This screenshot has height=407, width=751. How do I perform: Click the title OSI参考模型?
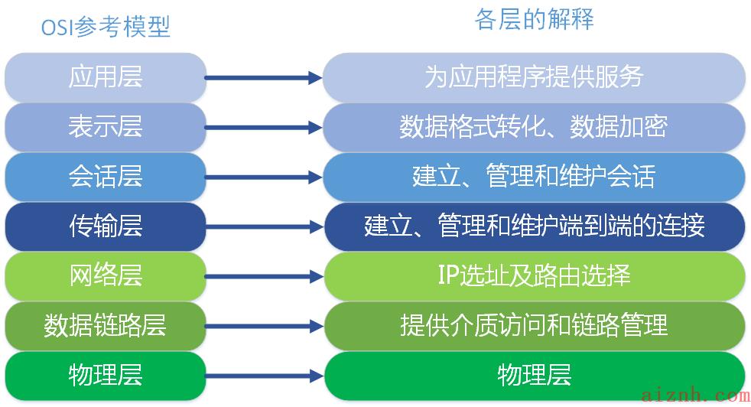pyautogui.click(x=106, y=27)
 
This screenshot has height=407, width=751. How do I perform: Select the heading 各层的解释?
pyautogui.click(x=534, y=20)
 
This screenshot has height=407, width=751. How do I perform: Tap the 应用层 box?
pyautogui.click(x=106, y=77)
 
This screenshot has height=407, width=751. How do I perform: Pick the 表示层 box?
pyautogui.click(x=106, y=127)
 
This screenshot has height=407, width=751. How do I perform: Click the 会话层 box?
pyautogui.click(x=106, y=177)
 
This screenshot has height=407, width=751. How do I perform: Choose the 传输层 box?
pyautogui.click(x=106, y=226)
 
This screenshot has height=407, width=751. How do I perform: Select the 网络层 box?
pyautogui.click(x=106, y=276)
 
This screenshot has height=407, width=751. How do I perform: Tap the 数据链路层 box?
pyautogui.click(x=106, y=326)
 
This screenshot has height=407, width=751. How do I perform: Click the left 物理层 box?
pyautogui.click(x=106, y=376)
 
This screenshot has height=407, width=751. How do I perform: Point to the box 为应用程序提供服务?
pyautogui.click(x=534, y=77)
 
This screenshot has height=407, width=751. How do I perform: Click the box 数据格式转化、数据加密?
pyautogui.click(x=534, y=127)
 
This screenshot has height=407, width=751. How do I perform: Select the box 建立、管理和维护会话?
pyautogui.click(x=534, y=177)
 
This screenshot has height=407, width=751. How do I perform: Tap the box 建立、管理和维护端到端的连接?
pyautogui.click(x=534, y=226)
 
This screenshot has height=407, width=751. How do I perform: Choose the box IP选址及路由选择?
pyautogui.click(x=534, y=276)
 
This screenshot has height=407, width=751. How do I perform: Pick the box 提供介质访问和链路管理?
pyautogui.click(x=534, y=326)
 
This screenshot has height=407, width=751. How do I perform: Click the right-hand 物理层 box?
pyautogui.click(x=534, y=376)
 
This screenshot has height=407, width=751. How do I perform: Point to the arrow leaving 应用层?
pyautogui.click(x=264, y=78)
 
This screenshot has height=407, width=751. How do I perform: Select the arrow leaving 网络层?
pyautogui.click(x=264, y=277)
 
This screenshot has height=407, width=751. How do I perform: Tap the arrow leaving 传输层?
pyautogui.click(x=264, y=226)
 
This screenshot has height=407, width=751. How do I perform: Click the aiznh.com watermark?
pyautogui.click(x=695, y=396)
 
